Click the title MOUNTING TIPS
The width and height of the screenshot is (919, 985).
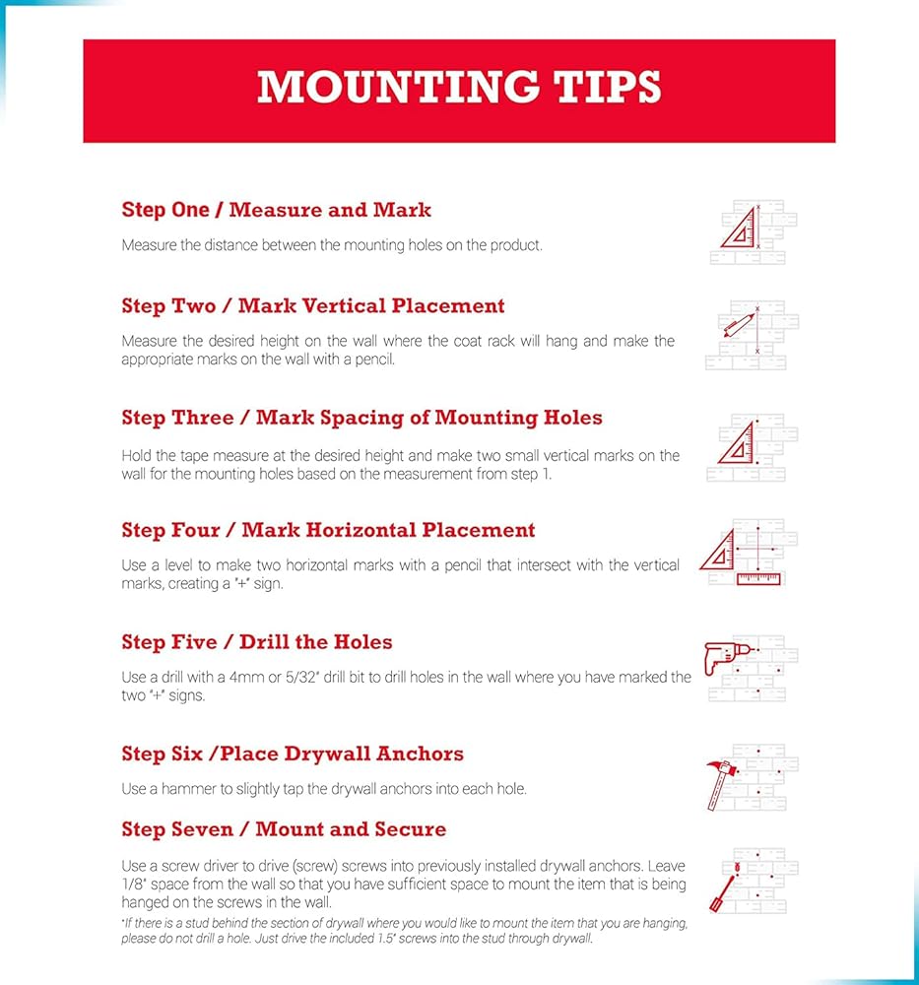coord(459,88)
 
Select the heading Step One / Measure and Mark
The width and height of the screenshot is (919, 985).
coord(276,210)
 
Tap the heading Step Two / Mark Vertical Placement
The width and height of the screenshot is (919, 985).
coord(313,306)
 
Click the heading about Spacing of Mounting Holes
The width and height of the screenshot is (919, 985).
coord(361,418)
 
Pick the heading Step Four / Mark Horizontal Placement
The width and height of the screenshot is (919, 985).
coord(328,530)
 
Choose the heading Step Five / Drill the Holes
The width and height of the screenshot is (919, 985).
coord(257,642)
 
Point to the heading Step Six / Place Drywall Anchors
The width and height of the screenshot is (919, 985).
coord(293,755)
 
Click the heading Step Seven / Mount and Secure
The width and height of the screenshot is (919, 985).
coord(284,829)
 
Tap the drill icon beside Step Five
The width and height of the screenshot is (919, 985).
coord(725,656)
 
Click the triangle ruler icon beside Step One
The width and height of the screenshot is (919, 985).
coord(741,228)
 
